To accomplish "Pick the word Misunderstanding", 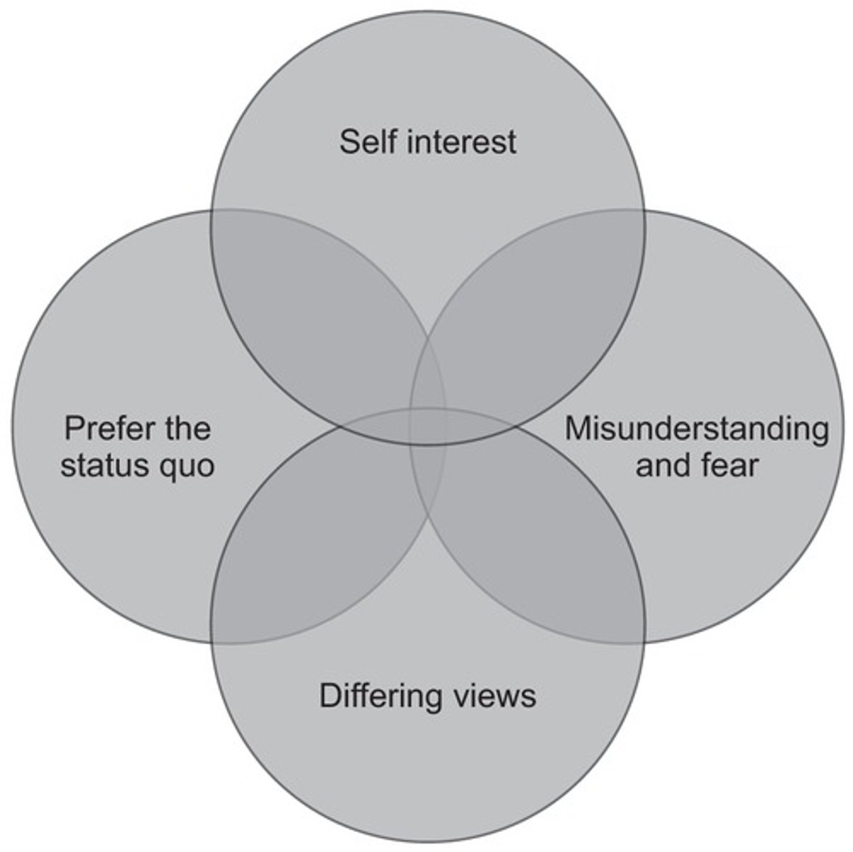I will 696,429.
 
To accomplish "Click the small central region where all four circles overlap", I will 428,427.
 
